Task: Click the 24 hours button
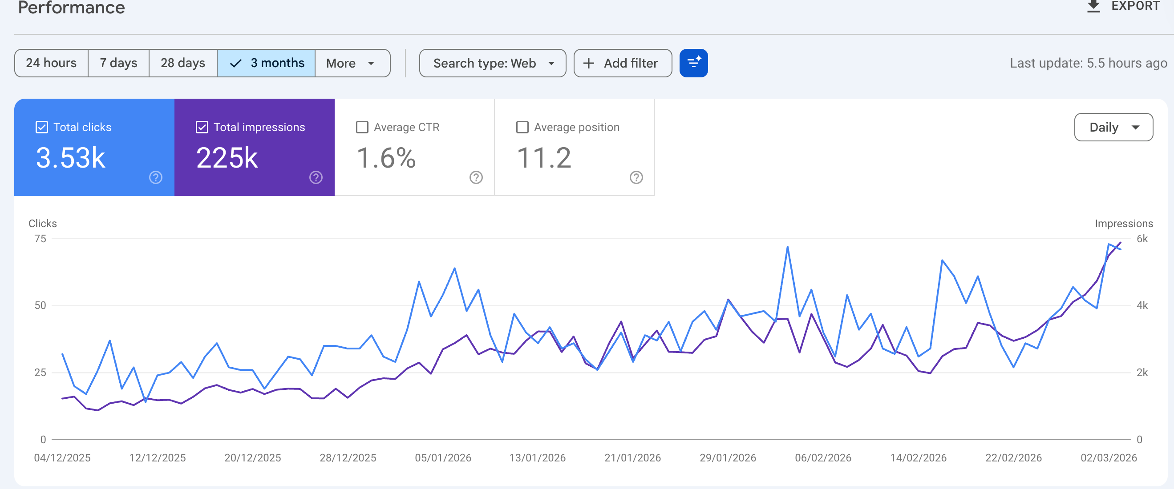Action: pyautogui.click(x=51, y=63)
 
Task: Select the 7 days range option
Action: pyautogui.click(x=118, y=63)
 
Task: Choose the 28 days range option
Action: pyautogui.click(x=183, y=63)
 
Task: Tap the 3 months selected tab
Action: pyautogui.click(x=266, y=63)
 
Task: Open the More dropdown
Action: pyautogui.click(x=352, y=63)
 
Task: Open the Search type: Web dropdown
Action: pyautogui.click(x=493, y=63)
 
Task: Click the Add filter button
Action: pyautogui.click(x=623, y=63)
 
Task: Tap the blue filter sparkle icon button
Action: pyautogui.click(x=693, y=63)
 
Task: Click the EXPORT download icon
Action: pyautogui.click(x=1093, y=6)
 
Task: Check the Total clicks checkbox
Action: pyautogui.click(x=41, y=127)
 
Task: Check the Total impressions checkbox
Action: pyautogui.click(x=202, y=127)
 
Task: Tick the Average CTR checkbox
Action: pyautogui.click(x=362, y=127)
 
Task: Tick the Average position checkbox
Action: pyautogui.click(x=522, y=127)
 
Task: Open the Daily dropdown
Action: pyautogui.click(x=1113, y=127)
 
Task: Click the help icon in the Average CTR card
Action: pyautogui.click(x=476, y=177)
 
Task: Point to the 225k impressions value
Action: pyautogui.click(x=227, y=158)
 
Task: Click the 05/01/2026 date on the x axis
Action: pyautogui.click(x=442, y=457)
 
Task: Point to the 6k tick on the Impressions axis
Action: pyautogui.click(x=1142, y=239)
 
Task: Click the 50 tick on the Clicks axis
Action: pyautogui.click(x=40, y=305)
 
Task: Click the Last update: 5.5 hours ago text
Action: pyautogui.click(x=1088, y=63)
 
